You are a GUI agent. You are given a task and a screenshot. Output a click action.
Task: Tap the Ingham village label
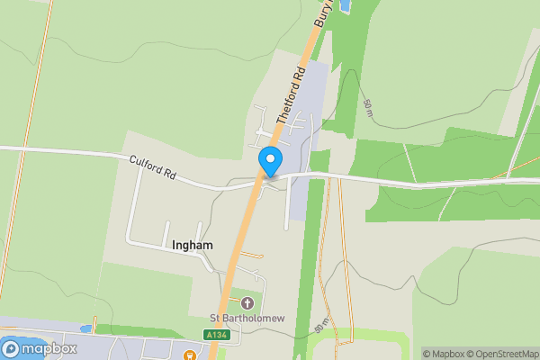[192, 244]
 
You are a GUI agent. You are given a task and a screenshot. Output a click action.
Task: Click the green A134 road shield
[217, 335]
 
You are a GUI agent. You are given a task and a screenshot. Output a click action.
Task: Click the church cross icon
[247, 301]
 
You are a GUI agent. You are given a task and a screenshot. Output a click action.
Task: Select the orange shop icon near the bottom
[190, 355]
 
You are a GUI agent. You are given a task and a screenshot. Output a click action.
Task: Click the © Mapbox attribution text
[443, 354]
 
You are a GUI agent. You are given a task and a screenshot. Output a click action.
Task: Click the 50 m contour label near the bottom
[321, 327]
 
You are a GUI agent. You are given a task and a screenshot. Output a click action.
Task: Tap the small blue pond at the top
[346, 7]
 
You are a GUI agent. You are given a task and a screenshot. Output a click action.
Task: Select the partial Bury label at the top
[322, 11]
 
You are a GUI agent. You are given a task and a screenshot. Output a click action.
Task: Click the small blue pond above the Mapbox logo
[86, 329]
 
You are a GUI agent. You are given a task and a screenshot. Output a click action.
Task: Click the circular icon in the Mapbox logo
[12, 348]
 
